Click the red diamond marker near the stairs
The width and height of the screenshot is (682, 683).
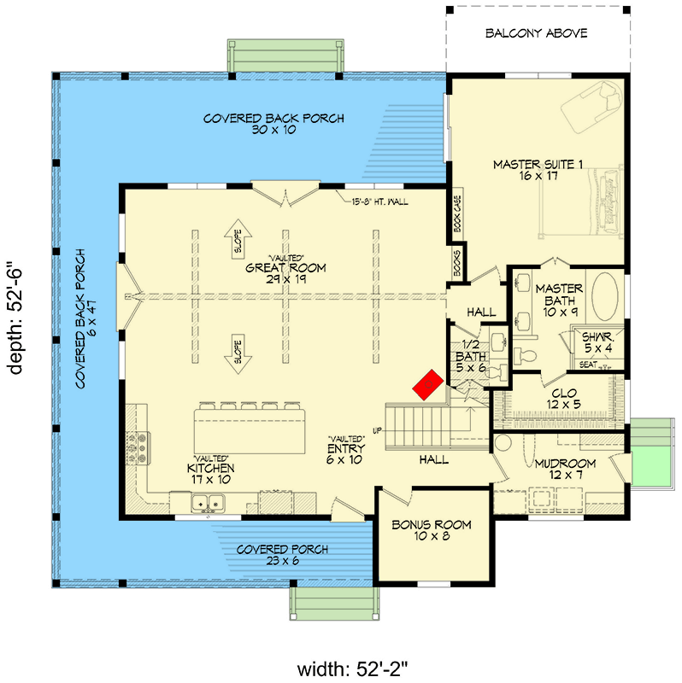428,384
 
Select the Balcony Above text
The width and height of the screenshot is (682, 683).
536,33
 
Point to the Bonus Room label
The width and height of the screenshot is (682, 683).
431,531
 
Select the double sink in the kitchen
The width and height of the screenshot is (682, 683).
205,505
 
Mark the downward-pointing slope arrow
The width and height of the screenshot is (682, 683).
237,354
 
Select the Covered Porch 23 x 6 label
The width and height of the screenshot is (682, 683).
282,555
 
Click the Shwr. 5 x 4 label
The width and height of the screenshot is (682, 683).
598,341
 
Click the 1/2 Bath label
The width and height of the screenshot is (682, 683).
470,362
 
